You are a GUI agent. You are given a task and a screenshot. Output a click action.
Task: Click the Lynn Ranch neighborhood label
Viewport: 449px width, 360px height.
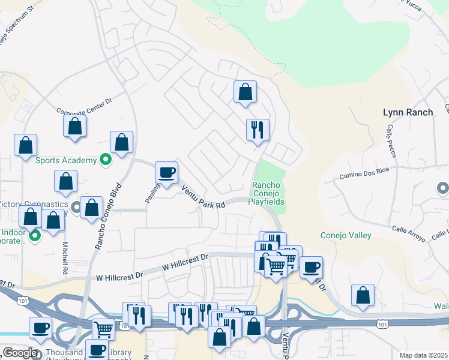point(408,112)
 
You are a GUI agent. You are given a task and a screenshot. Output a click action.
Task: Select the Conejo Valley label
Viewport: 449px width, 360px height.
point(346,236)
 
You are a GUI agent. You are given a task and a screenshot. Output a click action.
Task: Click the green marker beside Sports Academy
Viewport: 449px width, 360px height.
point(105,160)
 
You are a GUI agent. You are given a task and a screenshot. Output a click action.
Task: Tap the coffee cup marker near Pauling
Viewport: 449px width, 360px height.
point(167,172)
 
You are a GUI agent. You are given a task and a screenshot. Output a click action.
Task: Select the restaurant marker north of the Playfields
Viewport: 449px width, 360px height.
point(258,130)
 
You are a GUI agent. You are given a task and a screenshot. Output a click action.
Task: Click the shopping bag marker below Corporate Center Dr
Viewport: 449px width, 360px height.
point(74,126)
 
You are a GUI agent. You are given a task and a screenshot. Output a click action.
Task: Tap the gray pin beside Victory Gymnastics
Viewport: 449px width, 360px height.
point(76,208)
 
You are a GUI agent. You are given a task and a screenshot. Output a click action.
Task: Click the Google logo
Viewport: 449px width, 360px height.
point(20,353)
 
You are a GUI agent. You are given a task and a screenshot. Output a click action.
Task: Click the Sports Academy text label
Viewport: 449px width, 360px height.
point(65,160)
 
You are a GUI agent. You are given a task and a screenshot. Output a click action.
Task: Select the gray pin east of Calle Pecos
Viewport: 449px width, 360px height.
point(442,189)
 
